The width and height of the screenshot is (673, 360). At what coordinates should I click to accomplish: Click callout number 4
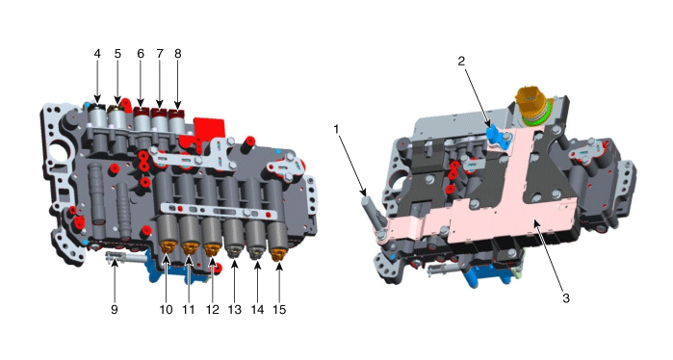[97, 54]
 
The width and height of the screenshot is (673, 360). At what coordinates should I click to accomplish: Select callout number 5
[117, 54]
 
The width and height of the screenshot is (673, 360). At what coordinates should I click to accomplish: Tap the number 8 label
[178, 54]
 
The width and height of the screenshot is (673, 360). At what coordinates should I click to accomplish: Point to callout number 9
[115, 309]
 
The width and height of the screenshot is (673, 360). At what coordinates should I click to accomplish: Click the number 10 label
[167, 309]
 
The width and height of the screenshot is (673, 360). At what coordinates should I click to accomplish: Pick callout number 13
[235, 309]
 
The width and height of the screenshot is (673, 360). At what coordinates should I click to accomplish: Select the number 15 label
[279, 309]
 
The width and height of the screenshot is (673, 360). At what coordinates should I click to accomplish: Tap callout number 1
[337, 129]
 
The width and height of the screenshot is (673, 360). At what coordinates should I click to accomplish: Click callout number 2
[461, 62]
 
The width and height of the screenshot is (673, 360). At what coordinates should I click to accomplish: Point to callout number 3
[566, 298]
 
